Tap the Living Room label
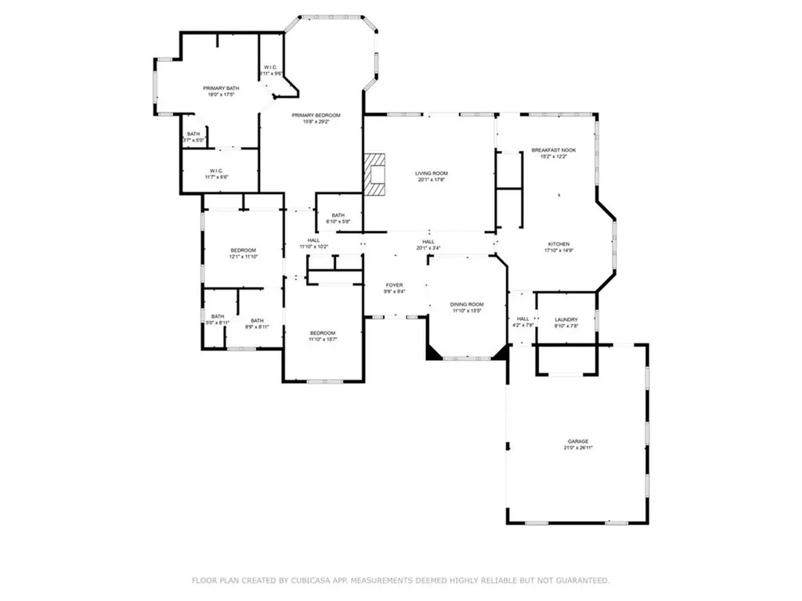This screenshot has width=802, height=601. pyautogui.click(x=431, y=173)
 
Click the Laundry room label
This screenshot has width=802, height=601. pyautogui.click(x=565, y=319)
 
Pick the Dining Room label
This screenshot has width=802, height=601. pyautogui.click(x=466, y=304)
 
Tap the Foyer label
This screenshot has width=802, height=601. pyautogui.click(x=393, y=285)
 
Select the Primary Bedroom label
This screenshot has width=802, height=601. pyautogui.click(x=311, y=116)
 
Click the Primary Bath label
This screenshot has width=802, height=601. pyautogui.click(x=221, y=88)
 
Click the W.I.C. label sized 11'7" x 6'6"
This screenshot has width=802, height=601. pyautogui.click(x=218, y=171)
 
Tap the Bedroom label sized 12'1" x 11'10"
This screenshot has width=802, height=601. pyautogui.click(x=243, y=250)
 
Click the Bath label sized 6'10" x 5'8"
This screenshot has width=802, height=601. pyautogui.click(x=338, y=215)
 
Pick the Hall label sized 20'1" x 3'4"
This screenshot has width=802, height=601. pyautogui.click(x=428, y=242)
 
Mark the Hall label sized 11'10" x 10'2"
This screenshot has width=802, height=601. pyautogui.click(x=313, y=240)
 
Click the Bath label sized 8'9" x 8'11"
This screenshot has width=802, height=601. pyautogui.click(x=257, y=320)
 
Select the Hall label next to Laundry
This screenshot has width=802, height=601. pyautogui.click(x=522, y=318)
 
